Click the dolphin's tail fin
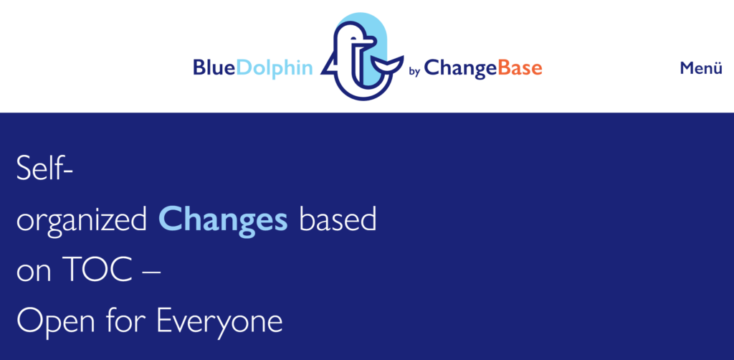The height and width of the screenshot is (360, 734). tap(388, 64)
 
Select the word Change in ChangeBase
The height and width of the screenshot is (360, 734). tap(460, 69)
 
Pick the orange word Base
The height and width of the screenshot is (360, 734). tap(520, 68)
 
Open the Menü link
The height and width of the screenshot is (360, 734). tap(701, 68)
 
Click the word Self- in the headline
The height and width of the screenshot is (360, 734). tap(44, 167)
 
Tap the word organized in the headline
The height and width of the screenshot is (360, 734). tap(82, 222)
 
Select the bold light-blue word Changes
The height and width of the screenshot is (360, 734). tap(223, 219)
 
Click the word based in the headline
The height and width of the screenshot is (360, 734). tap(338, 219)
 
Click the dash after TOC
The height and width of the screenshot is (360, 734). tap(151, 272)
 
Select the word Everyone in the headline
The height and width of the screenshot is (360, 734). tap(219, 323)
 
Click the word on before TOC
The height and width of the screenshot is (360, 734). tap(34, 273)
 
